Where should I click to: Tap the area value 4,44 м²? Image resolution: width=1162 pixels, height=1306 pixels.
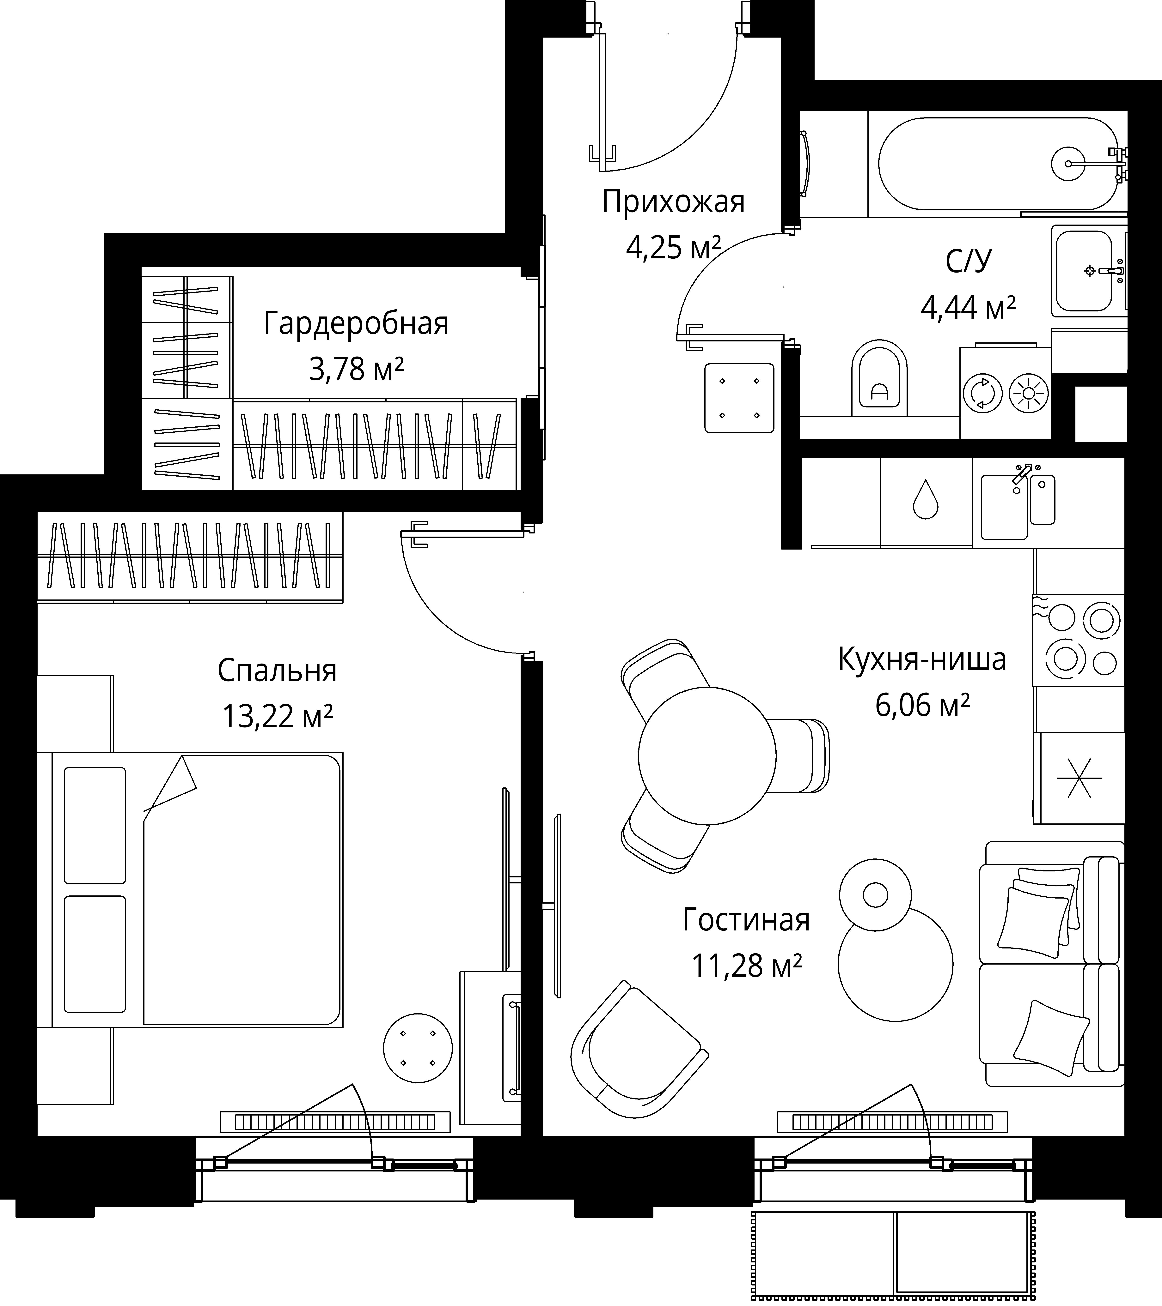968,307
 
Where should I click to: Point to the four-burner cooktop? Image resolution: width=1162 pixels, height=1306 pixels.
1078,640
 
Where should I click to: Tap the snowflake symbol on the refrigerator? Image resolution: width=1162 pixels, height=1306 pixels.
1079,778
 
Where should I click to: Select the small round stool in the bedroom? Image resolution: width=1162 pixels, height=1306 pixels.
418,1048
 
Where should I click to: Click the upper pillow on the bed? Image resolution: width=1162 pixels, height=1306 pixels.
95,826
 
